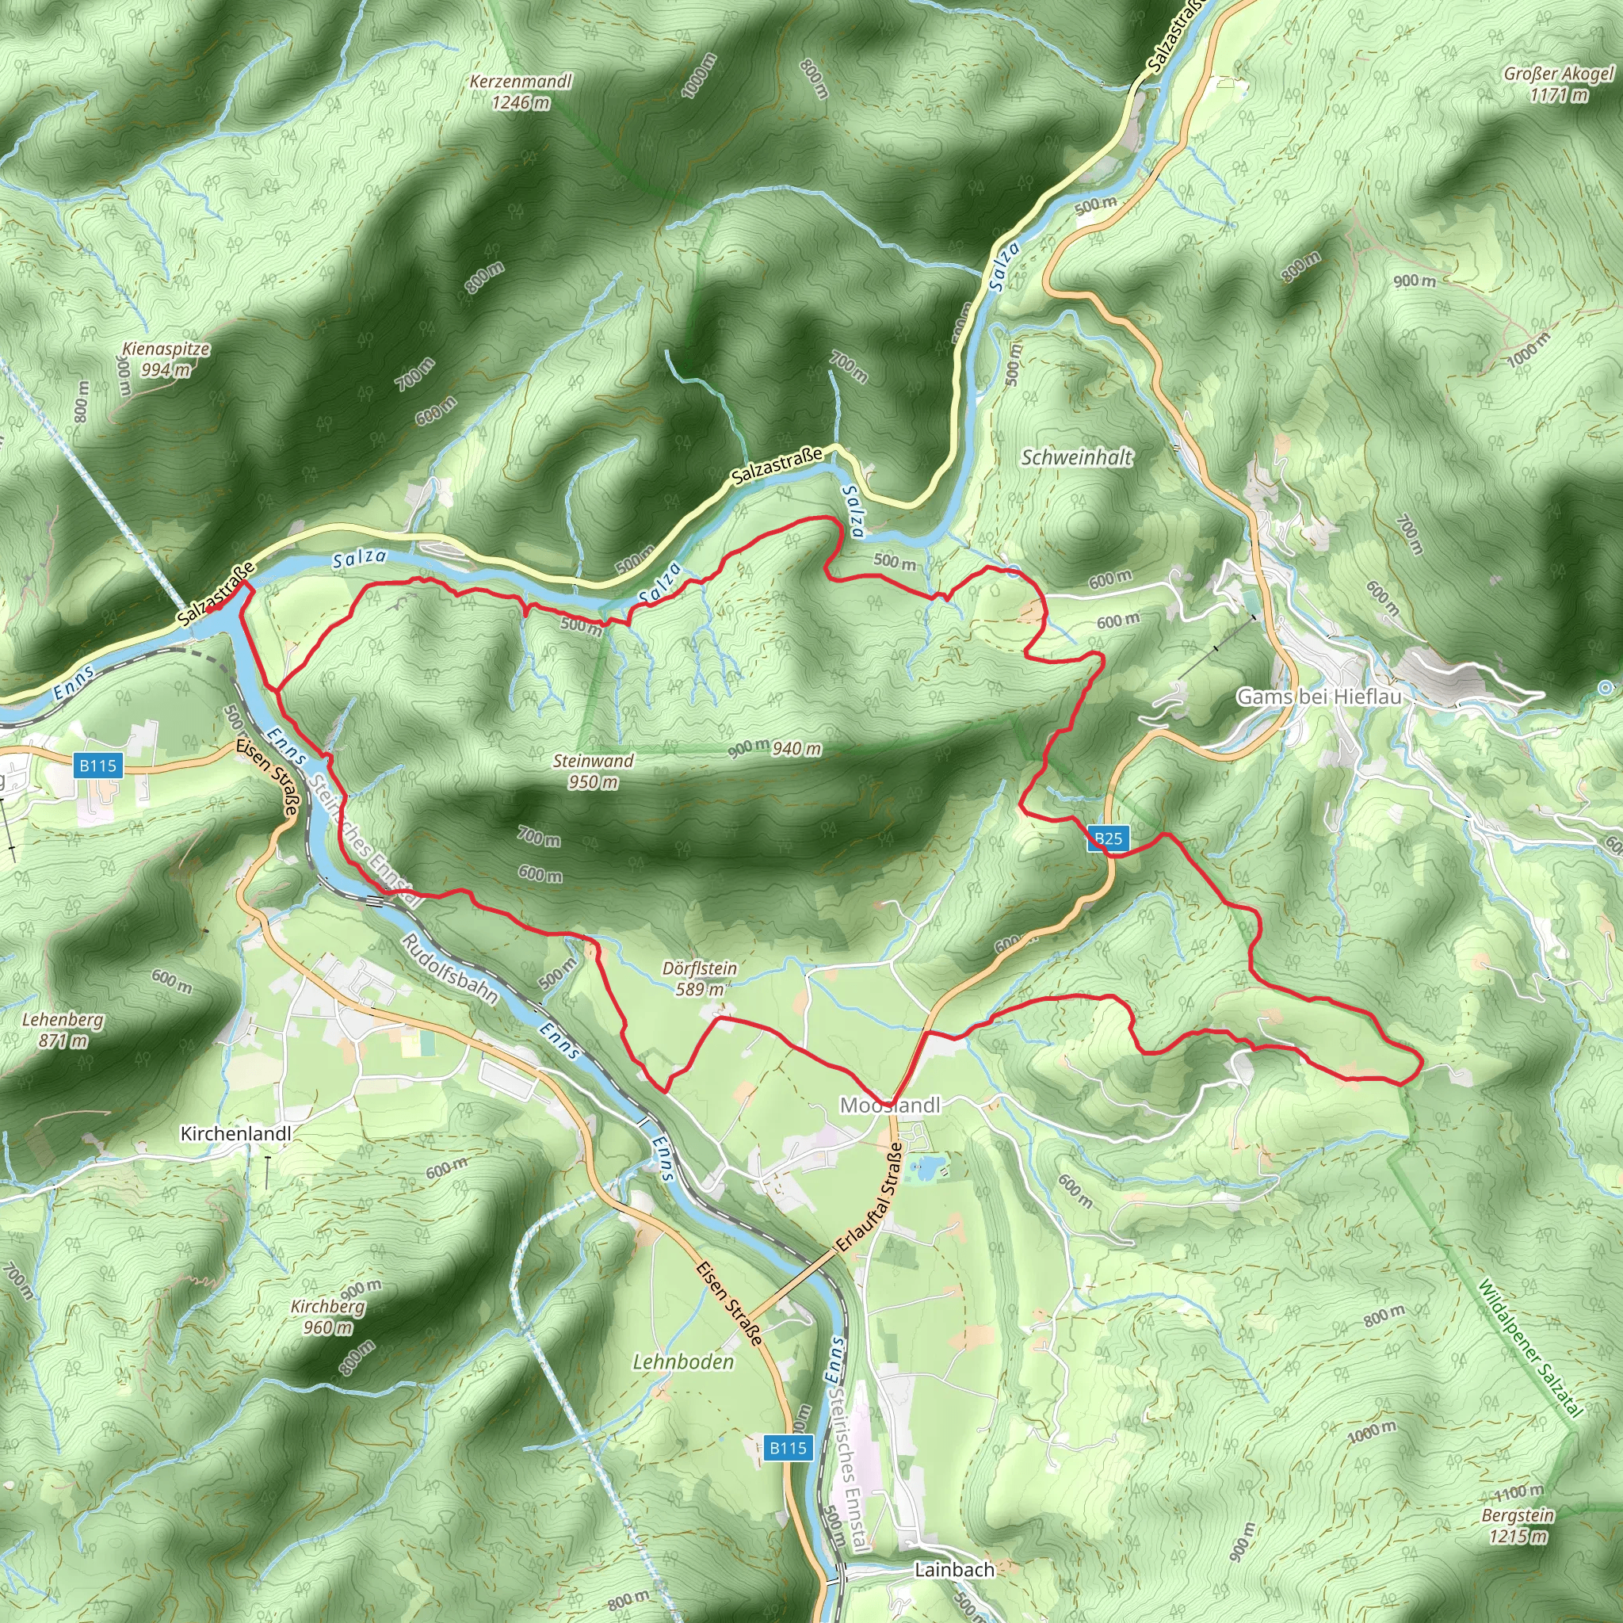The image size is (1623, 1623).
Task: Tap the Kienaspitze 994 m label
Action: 166,359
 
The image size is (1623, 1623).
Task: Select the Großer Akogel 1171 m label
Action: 1558,84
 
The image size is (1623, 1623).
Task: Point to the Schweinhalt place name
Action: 1076,458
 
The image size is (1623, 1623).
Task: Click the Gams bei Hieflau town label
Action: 1318,697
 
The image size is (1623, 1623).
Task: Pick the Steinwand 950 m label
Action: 593,771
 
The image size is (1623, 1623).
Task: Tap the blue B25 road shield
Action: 1108,838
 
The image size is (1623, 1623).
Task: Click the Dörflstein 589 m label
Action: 699,979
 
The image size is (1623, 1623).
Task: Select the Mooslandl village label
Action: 890,1106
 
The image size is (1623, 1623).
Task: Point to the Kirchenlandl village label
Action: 236,1134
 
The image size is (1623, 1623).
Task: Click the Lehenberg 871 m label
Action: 63,1030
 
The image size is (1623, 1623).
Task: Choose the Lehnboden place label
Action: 683,1361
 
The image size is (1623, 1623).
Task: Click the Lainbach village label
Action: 954,1569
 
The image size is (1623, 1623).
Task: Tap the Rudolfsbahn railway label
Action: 449,968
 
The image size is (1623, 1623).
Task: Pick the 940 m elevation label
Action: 796,748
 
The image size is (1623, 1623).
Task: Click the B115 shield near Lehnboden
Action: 788,1447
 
